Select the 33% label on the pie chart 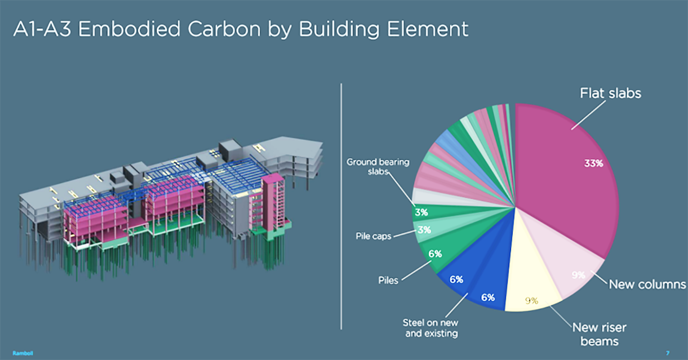tap(593, 163)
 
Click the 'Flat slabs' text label tap(610, 93)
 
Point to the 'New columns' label tap(647, 284)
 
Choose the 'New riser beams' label tap(599, 334)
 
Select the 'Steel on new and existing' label tap(430, 328)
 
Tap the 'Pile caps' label tap(374, 236)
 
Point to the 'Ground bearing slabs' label tap(378, 167)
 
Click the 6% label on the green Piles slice tap(434, 254)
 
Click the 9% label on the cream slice tap(531, 301)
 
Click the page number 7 tap(667, 353)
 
